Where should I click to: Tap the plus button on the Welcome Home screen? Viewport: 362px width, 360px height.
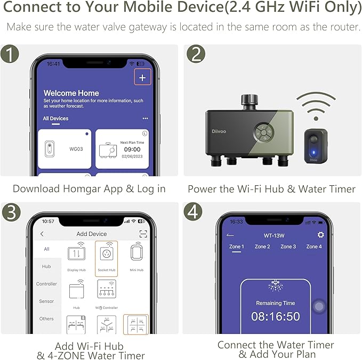(x=142, y=78)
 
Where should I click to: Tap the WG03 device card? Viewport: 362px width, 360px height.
(x=65, y=149)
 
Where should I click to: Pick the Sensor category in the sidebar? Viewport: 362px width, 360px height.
(x=46, y=301)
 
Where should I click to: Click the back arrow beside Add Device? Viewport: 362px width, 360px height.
(x=42, y=234)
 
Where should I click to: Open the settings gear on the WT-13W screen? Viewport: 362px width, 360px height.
(x=320, y=235)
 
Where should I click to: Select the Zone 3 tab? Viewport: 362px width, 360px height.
(x=288, y=247)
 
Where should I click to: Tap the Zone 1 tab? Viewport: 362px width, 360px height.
(x=236, y=247)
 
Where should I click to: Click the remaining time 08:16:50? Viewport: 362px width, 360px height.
(x=275, y=316)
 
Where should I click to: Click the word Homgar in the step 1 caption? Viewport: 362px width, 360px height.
(x=77, y=189)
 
